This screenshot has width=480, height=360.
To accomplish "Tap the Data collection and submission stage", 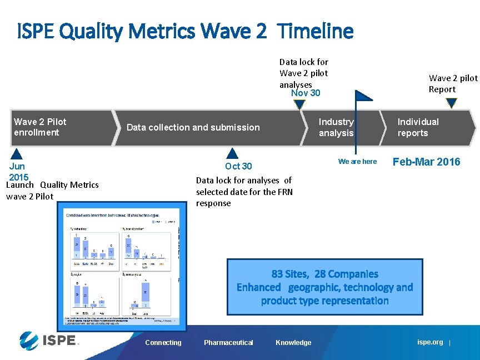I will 193,127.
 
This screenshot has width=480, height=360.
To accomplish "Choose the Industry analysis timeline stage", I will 337,127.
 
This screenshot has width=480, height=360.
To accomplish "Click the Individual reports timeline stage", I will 418,127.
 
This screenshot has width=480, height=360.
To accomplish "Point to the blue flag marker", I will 364,96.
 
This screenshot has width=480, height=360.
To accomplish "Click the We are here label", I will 357,162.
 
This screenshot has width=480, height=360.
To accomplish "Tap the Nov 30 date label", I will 306,93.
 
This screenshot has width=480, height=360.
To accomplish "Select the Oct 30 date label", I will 238,166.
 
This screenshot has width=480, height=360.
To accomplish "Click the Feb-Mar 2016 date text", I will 426,162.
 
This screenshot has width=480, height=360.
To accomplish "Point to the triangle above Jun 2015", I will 17,154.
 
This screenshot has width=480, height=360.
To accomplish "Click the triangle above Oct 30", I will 233,153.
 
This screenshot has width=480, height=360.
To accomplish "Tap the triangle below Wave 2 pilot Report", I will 451,103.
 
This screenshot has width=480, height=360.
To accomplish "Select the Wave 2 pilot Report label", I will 452,84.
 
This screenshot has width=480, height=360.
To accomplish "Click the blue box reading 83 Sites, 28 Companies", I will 324,287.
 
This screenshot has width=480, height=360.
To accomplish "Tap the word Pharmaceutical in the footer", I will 228,343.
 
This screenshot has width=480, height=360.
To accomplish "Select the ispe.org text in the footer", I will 430,342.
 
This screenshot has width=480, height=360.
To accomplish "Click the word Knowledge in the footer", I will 293,343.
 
